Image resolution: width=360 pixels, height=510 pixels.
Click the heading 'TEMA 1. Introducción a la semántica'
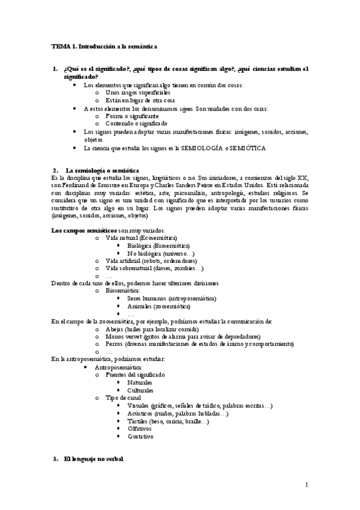coord(104,46)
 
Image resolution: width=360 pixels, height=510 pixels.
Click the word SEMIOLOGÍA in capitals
coord(213,147)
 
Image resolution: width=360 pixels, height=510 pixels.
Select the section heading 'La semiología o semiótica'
coord(102,170)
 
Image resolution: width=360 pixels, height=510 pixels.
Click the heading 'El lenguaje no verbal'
coord(93,459)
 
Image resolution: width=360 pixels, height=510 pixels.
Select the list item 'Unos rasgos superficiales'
coord(138,93)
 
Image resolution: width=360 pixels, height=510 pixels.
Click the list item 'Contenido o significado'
coord(136,123)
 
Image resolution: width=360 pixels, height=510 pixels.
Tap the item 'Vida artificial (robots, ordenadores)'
coord(150,261)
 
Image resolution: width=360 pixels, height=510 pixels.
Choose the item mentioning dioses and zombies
coord(154,268)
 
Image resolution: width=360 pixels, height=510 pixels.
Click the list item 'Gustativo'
coord(141,437)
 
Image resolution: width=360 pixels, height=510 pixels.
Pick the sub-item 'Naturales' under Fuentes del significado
coord(139,382)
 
